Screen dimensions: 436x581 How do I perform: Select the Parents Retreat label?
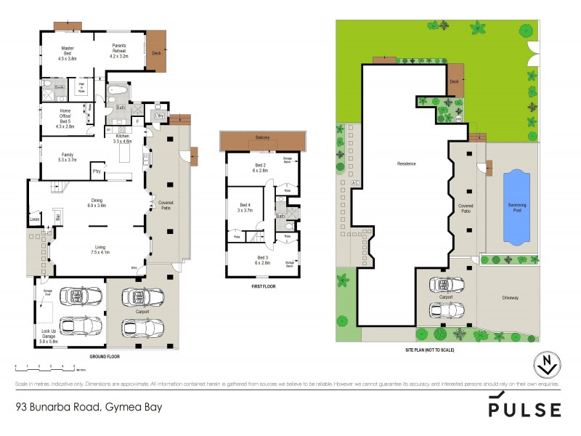point(118,50)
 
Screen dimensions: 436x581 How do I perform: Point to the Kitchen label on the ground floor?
point(121,139)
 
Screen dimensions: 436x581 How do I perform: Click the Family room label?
point(66,156)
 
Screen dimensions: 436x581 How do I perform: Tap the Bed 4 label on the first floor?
point(245,207)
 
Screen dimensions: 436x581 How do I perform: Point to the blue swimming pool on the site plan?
point(516,207)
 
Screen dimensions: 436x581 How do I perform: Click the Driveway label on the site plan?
point(511,297)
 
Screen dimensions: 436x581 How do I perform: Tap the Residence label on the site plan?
point(406,163)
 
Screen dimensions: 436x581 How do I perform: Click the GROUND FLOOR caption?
point(104,358)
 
